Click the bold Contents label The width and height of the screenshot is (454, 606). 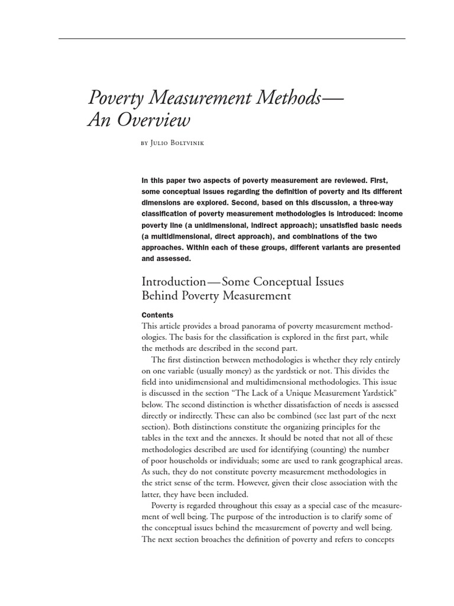158,315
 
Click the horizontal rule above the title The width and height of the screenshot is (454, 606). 232,39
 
